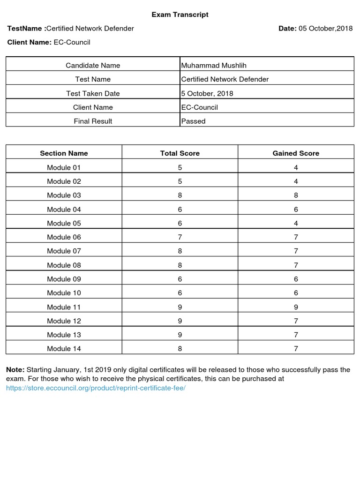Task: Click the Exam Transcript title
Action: tap(180, 15)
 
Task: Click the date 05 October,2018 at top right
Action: tap(325, 29)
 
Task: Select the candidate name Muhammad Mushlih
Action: tap(213, 65)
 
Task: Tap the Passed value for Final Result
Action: tap(194, 121)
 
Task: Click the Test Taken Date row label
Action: tap(93, 93)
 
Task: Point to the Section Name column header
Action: tap(64, 153)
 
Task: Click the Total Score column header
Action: tap(180, 153)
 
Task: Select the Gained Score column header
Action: tap(296, 153)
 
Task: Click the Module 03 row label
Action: tap(64, 195)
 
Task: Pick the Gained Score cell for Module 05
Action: tap(296, 223)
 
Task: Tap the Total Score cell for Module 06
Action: tap(180, 237)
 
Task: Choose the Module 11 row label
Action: tap(64, 307)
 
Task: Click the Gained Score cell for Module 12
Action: tap(296, 321)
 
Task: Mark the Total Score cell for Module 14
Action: tap(180, 349)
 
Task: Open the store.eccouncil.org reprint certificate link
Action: tap(96, 389)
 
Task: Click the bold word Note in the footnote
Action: tap(15, 370)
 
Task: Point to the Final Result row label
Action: tap(93, 121)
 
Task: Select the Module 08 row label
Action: tap(64, 265)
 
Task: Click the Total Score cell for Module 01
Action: tap(180, 167)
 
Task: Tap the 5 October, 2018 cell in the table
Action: tap(207, 93)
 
